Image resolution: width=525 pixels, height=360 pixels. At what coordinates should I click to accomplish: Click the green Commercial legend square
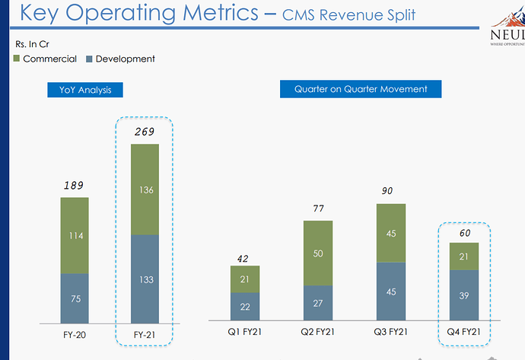tap(17, 59)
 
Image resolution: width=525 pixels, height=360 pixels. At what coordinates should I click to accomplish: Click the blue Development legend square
tap(90, 59)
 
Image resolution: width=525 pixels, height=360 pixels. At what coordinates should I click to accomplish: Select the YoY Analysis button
tap(85, 90)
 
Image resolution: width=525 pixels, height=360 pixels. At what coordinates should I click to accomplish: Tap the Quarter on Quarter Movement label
tap(361, 89)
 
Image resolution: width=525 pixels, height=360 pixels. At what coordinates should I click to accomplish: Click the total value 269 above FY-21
tap(145, 132)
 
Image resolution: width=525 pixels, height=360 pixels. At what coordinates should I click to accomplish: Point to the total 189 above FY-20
tap(74, 185)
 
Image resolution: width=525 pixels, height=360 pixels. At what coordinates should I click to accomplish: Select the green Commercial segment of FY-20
tap(75, 235)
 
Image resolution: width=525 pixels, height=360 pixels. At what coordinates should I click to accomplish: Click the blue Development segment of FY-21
tap(145, 279)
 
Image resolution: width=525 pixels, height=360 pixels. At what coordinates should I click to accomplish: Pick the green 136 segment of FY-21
tap(145, 190)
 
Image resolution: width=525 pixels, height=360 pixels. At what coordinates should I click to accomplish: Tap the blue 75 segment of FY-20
tap(75, 298)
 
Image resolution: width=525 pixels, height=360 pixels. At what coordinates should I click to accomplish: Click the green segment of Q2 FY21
tap(318, 253)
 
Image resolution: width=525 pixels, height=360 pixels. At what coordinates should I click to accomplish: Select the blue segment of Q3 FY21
tap(390, 291)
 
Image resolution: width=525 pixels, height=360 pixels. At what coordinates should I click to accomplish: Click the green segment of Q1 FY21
tap(245, 279)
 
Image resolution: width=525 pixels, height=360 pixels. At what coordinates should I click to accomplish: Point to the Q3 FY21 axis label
tap(390, 331)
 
